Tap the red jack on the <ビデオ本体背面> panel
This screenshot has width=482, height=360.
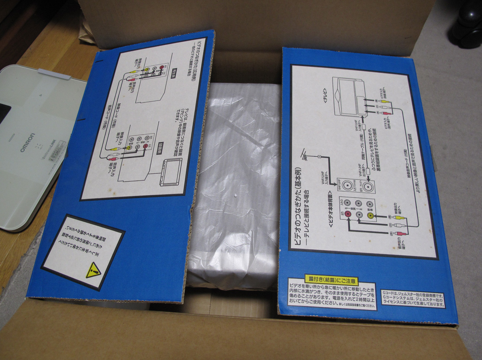tap(348, 215)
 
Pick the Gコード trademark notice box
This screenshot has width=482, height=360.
tap(413, 299)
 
